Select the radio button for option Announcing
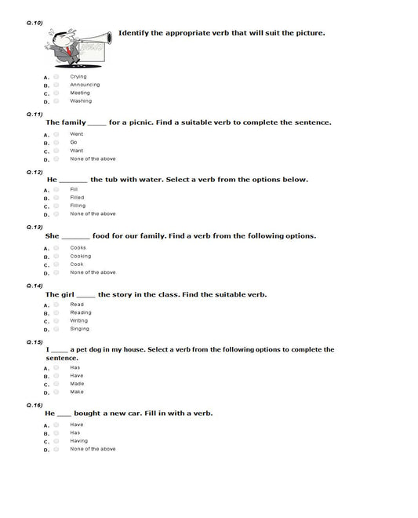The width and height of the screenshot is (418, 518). pos(56,85)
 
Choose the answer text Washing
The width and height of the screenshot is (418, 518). pos(80,101)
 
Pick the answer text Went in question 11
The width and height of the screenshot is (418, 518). pos(76,133)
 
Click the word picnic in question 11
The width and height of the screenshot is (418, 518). pos(181,122)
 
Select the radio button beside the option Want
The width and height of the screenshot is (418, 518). pos(56,150)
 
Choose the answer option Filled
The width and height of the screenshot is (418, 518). pos(77,198)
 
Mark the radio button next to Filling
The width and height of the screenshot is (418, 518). pos(56,206)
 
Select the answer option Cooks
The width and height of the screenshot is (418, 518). pos(78,248)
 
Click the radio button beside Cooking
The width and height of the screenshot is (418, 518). pos(56,256)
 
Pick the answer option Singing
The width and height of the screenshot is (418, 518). pos(79,329)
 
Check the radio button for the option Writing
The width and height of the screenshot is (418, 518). pos(56,321)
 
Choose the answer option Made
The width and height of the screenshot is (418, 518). pos(77,384)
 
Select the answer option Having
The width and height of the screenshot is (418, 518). pos(78,440)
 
